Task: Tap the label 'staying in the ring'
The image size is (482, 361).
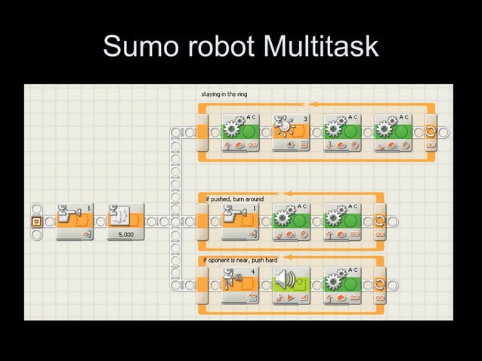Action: [x=224, y=94]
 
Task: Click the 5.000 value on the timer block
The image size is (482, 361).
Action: [x=125, y=235]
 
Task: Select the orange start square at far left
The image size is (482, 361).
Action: [x=36, y=221]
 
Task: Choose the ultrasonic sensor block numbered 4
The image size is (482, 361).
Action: [x=240, y=284]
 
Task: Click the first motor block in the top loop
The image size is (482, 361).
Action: [x=240, y=133]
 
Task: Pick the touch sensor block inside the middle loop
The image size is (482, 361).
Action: [x=240, y=221]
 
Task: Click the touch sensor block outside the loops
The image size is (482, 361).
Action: [x=74, y=221]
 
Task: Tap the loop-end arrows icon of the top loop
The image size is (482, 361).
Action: [x=431, y=132]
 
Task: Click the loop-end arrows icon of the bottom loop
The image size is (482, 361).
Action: [x=379, y=283]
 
